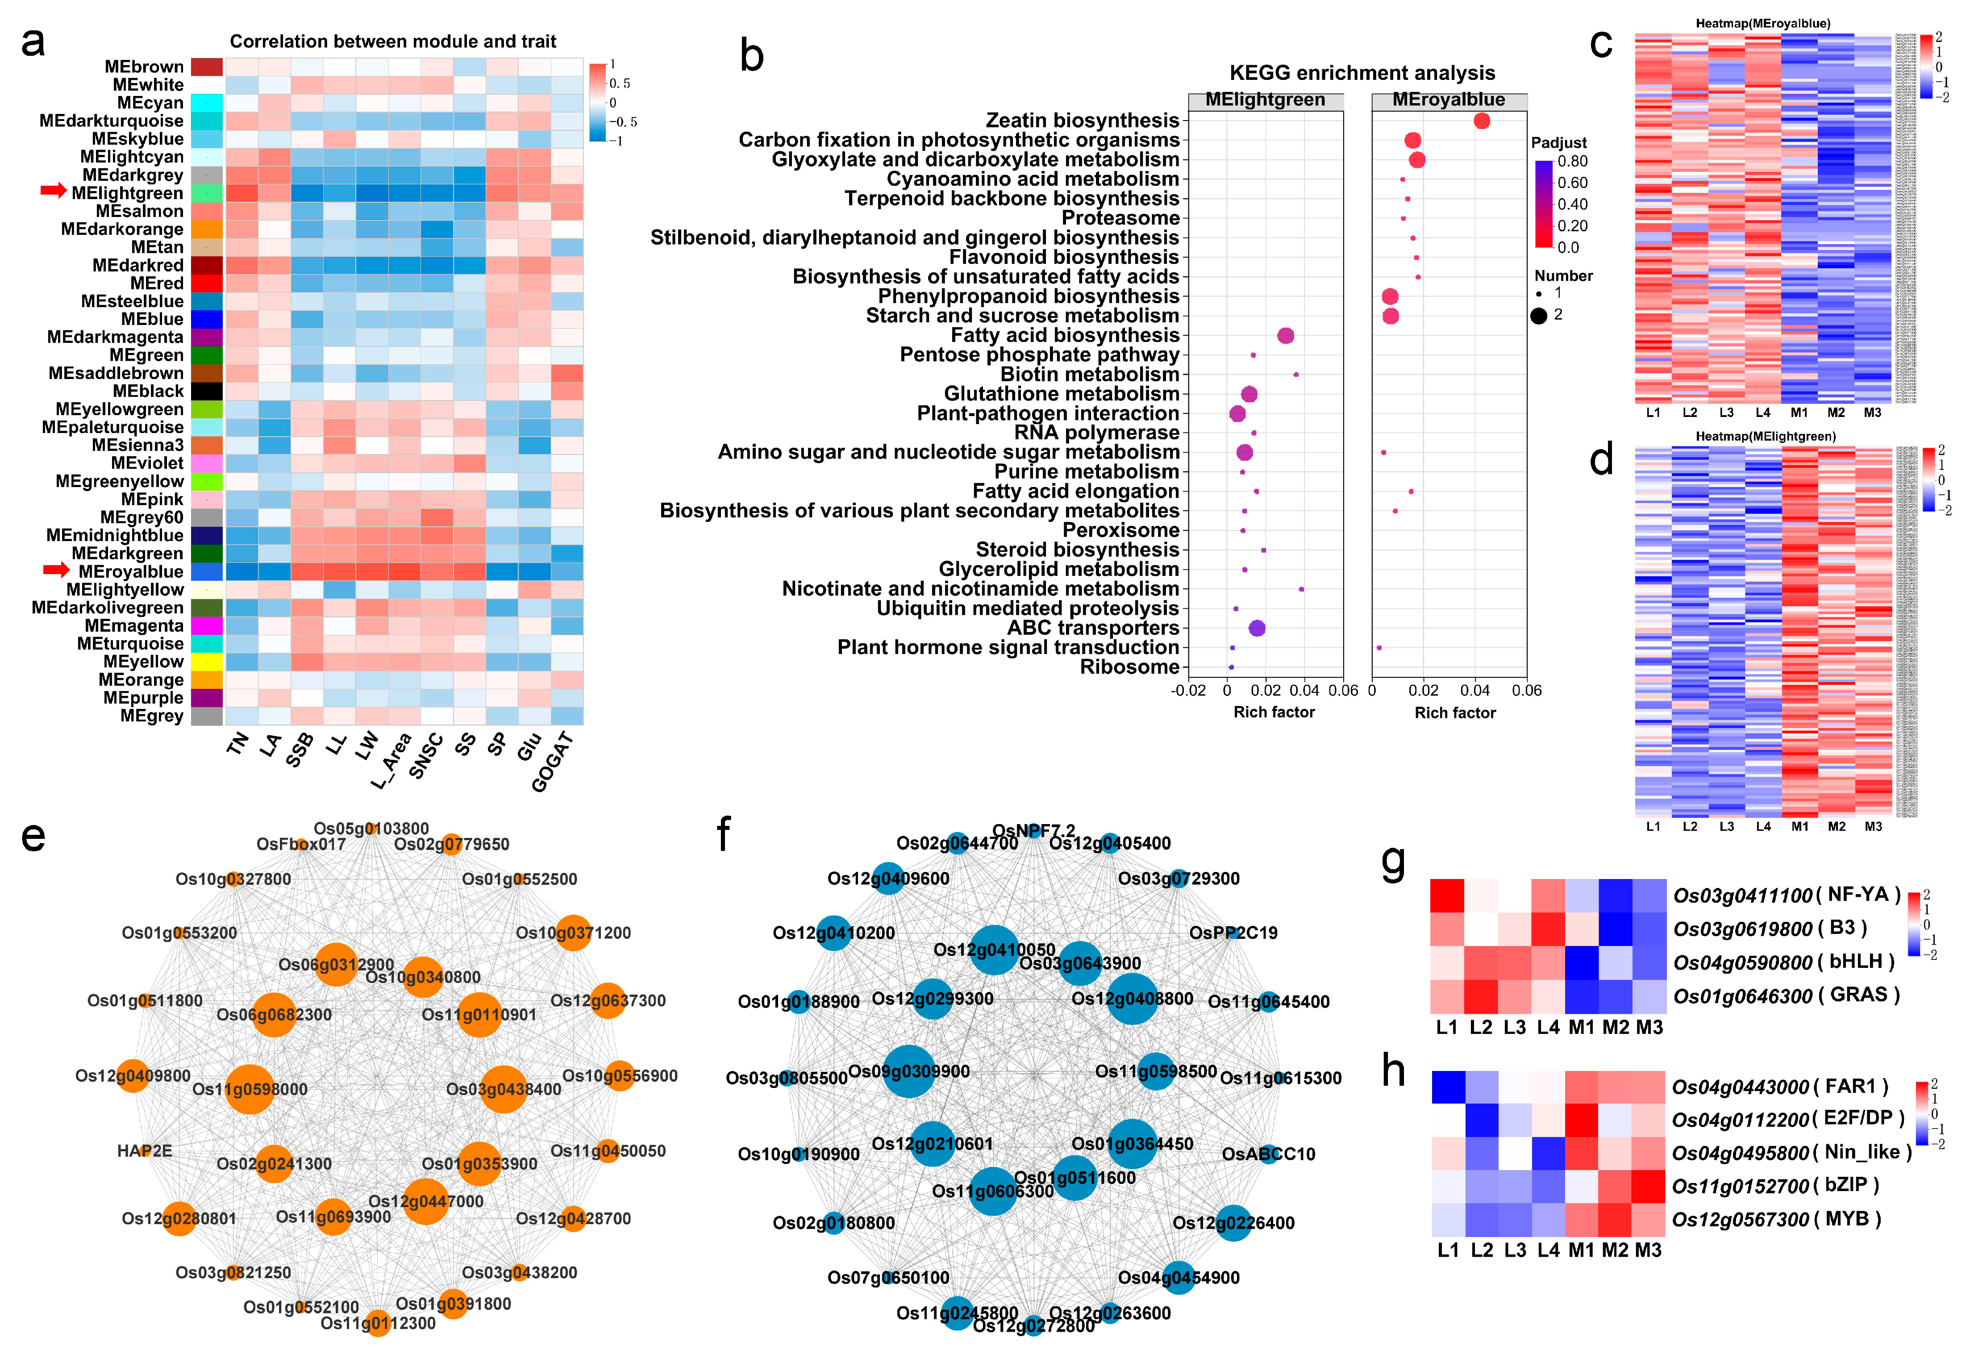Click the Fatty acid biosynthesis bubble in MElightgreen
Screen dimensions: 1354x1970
point(1285,336)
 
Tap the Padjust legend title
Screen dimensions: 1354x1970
point(1558,142)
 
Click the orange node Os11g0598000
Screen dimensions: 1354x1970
point(250,1088)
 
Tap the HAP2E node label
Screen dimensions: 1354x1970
point(144,1150)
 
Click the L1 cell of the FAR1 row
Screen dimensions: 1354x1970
point(1448,1087)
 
